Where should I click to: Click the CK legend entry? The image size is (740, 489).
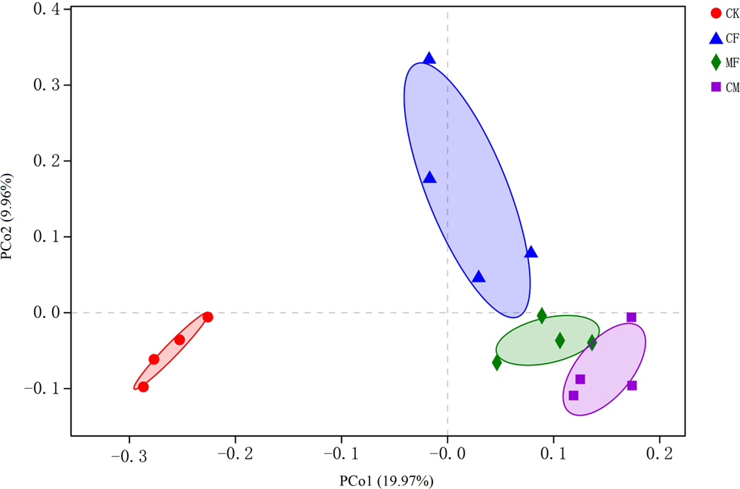pos(724,13)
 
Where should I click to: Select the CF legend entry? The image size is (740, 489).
pos(724,37)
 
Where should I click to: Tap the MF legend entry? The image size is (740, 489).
pos(724,62)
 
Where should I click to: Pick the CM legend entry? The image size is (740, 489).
pos(724,87)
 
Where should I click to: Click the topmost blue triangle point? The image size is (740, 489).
pos(429,59)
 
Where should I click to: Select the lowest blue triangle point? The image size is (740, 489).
pos(478,277)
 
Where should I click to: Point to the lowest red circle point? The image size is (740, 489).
pos(143,386)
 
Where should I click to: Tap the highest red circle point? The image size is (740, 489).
pos(208,317)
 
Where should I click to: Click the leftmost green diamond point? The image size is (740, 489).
pos(497,363)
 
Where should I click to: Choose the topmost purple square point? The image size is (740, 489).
pos(632,317)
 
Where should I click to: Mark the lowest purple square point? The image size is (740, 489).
pos(574,395)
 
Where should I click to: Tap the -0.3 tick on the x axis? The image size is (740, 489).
pos(129,453)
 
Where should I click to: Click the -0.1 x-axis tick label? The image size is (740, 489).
pos(341,453)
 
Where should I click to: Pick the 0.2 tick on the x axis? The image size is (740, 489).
pos(659,453)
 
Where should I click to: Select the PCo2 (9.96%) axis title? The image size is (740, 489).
pos(10,216)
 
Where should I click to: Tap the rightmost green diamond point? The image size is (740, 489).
pos(592,343)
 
